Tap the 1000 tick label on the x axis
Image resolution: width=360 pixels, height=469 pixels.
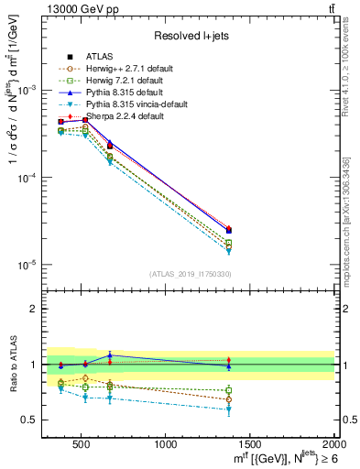(167, 444)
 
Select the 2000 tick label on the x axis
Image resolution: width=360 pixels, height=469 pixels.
(333, 444)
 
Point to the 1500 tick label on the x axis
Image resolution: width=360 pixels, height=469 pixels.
(250, 444)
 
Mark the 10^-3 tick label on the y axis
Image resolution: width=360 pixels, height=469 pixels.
(33, 91)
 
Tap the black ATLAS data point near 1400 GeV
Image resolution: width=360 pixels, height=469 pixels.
(229, 230)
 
